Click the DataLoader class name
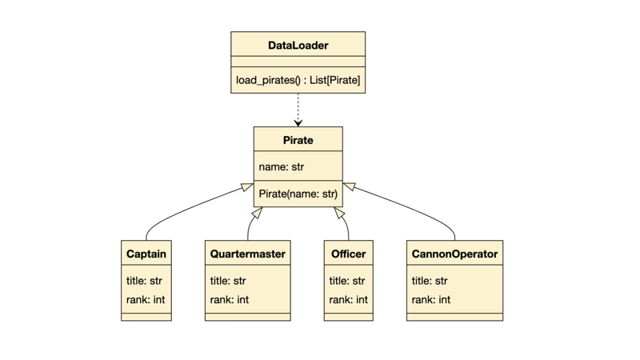point(298,46)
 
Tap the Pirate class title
point(298,140)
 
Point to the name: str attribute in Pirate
point(282,166)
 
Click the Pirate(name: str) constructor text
point(298,194)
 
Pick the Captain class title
point(146,254)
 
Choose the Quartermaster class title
point(248,254)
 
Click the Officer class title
point(348,254)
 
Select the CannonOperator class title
point(454,254)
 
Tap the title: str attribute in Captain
point(144,281)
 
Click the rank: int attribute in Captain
point(146,299)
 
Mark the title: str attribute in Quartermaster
point(228,281)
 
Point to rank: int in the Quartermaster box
point(230,299)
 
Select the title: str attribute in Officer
point(347,281)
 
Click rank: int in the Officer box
point(349,299)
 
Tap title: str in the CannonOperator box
point(430,281)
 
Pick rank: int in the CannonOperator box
point(431,299)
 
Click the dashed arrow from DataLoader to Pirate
point(298,110)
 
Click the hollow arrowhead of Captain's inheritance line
point(247,187)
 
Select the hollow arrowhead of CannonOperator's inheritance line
point(350,186)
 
